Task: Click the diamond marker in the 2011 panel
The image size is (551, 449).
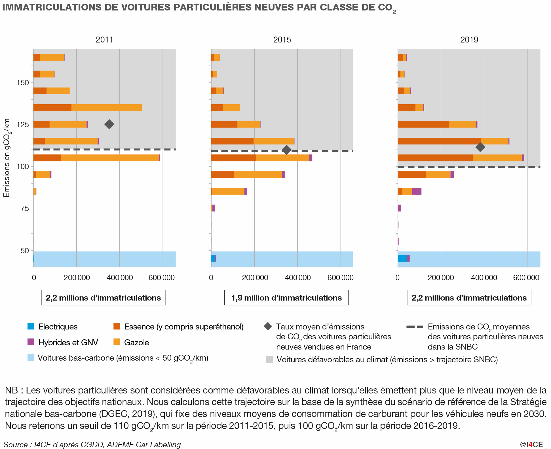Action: click(x=109, y=124)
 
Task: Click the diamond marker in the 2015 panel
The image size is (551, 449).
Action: click(x=287, y=150)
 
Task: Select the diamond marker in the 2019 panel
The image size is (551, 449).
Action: click(x=480, y=147)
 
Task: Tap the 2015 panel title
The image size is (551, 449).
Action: click(x=282, y=40)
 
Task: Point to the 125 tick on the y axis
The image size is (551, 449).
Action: click(x=23, y=125)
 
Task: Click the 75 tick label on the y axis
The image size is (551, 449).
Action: click(x=25, y=208)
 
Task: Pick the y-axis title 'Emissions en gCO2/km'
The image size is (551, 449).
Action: click(x=7, y=158)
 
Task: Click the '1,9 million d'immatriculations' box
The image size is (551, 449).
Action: click(x=286, y=298)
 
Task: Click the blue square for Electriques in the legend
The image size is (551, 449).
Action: click(x=31, y=326)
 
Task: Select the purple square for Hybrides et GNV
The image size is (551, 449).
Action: click(x=31, y=342)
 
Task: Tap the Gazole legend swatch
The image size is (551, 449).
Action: click(x=117, y=342)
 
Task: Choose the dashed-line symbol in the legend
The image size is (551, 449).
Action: click(x=415, y=327)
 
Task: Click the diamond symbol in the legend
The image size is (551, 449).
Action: click(x=268, y=326)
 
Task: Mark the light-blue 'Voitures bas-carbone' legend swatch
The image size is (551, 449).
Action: click(x=31, y=358)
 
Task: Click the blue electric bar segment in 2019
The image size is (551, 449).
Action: click(x=402, y=258)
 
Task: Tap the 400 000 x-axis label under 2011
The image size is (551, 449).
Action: click(x=120, y=278)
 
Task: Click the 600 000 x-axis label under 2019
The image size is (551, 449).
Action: click(x=526, y=278)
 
